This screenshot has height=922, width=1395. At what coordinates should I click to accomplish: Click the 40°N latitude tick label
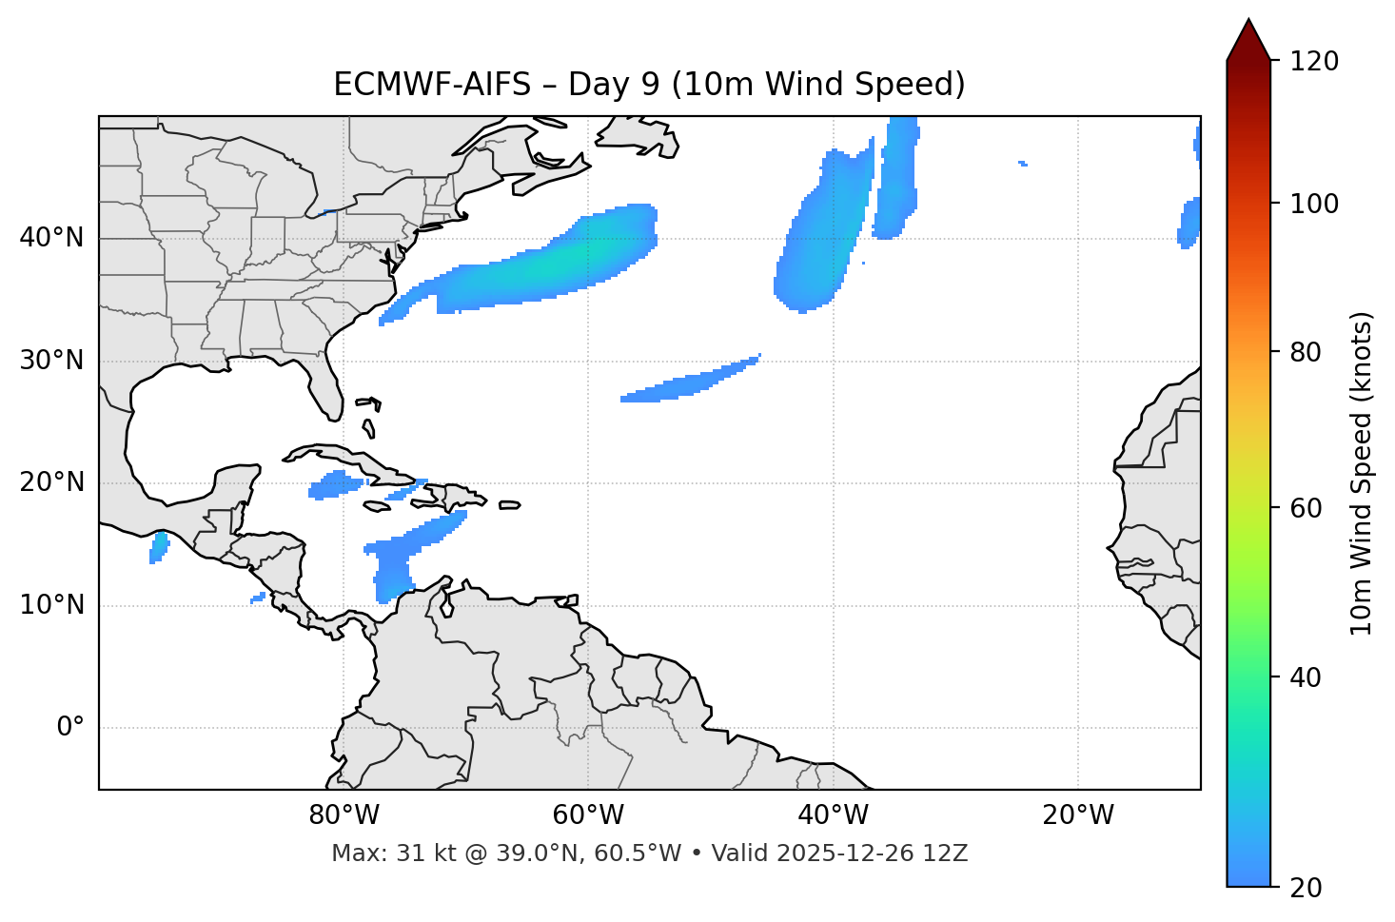point(51,238)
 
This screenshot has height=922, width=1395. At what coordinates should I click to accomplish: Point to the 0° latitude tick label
point(70,728)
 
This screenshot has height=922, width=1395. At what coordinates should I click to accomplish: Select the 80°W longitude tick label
point(344,815)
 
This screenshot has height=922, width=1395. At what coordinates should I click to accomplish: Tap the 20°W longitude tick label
point(1078,815)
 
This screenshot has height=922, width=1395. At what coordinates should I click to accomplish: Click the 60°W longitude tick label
point(588,815)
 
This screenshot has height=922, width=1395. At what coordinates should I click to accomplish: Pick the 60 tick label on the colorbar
point(1306,508)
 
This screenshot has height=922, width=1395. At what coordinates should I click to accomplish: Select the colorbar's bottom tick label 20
point(1306,887)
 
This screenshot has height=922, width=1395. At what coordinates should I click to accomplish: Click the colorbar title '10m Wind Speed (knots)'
point(1362,474)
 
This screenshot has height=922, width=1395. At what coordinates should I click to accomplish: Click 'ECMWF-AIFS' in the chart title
point(432,85)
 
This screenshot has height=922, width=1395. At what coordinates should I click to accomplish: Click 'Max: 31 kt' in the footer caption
point(374,853)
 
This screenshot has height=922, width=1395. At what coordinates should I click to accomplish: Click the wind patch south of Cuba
point(335,485)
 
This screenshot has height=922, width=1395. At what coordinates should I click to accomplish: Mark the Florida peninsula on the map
point(328,390)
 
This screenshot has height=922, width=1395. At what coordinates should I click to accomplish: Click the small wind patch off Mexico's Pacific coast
point(159,547)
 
